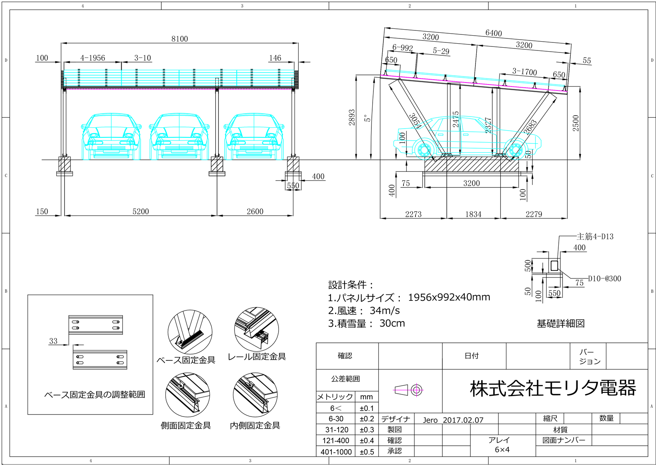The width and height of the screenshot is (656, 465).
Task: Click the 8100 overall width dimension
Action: tap(179, 39)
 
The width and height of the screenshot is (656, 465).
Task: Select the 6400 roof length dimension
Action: tap(493, 33)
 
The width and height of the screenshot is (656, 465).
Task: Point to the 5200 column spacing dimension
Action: tap(140, 211)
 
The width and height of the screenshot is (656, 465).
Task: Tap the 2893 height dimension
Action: tap(352, 117)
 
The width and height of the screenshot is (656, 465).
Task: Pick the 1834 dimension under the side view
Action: tap(473, 214)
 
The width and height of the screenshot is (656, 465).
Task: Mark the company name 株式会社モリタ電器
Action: tap(553, 388)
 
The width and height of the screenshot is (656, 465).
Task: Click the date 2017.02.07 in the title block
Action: tap(463, 420)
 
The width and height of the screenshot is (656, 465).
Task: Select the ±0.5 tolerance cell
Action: tap(367, 452)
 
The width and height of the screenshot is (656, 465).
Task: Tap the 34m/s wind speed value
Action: tap(385, 310)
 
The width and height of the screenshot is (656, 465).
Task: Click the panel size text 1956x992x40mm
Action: tap(449, 297)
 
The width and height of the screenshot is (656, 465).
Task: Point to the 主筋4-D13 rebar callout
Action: tap(595, 236)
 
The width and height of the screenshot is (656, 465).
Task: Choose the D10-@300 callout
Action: tap(604, 278)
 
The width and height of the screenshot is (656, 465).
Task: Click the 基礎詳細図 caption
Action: tap(560, 323)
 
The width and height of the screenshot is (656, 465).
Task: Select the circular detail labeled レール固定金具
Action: tap(257, 330)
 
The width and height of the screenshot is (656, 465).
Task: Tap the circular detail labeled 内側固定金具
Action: tap(255, 395)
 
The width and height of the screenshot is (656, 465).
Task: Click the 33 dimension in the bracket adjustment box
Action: tap(53, 341)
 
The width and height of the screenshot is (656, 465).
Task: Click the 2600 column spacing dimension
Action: tap(255, 211)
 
